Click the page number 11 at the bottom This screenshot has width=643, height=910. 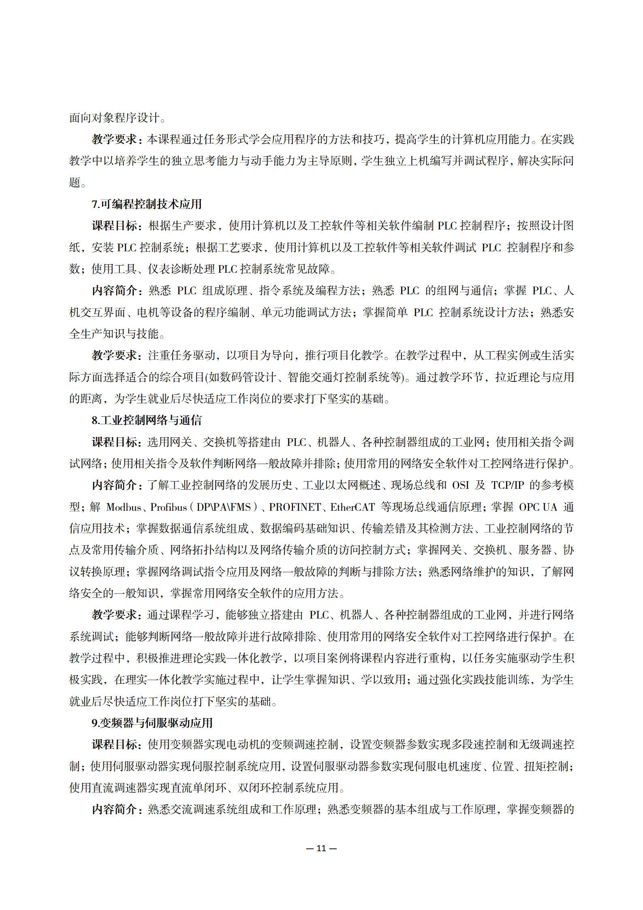point(321,848)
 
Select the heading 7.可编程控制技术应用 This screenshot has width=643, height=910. point(147,204)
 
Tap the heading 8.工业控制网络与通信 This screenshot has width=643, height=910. point(147,420)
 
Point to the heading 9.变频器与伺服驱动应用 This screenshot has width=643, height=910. point(152,723)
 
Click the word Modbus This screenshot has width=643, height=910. point(124,507)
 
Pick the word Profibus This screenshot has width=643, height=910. point(169,507)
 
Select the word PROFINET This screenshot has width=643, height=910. point(295,507)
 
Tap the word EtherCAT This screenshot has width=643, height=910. point(352,507)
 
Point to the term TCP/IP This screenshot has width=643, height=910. point(507,485)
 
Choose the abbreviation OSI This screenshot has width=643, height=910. point(460,485)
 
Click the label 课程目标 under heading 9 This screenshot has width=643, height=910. point(115,745)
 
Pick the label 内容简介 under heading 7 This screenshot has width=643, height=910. point(115,291)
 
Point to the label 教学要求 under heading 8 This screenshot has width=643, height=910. point(115,615)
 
